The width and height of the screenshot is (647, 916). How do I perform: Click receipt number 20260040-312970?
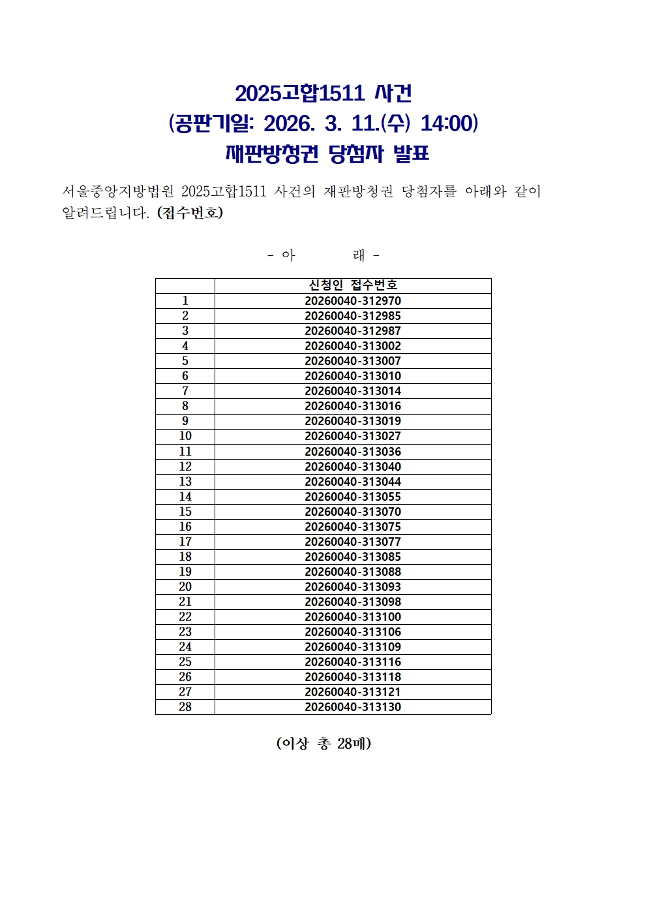[353, 301]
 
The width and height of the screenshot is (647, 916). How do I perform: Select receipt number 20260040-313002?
[353, 346]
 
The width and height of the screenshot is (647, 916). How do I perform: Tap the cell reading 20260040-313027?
[353, 436]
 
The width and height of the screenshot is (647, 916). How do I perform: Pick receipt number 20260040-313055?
[353, 497]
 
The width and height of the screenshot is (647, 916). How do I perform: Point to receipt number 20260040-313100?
[353, 617]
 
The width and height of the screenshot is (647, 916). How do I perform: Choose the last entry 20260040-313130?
[353, 707]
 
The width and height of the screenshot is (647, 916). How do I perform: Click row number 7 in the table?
[185, 391]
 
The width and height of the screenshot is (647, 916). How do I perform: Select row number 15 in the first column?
[185, 512]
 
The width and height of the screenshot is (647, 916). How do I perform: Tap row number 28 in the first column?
[185, 707]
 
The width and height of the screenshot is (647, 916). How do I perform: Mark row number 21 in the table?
[185, 602]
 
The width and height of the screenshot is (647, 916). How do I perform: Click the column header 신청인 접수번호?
[353, 285]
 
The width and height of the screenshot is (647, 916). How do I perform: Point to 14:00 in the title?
[449, 123]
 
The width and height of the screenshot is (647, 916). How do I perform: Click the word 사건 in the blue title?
[393, 93]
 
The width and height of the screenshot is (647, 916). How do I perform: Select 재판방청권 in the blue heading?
[272, 154]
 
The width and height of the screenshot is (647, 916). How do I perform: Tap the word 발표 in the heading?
[412, 154]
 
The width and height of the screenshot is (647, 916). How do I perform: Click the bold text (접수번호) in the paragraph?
[190, 213]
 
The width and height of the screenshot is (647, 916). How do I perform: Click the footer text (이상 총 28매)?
[323, 744]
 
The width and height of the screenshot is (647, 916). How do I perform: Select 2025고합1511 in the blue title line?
[299, 93]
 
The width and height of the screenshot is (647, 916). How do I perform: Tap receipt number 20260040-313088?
[353, 572]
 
